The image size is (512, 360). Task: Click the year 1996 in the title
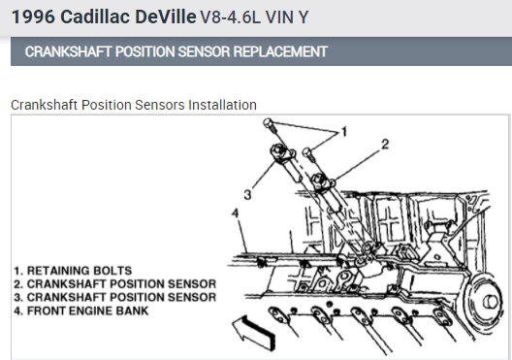pos(33,16)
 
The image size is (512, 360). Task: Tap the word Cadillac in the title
pos(95,16)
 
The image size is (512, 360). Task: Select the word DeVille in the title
pos(166,16)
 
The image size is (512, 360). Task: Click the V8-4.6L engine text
pos(230,17)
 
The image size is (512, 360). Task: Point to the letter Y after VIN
pos(303,17)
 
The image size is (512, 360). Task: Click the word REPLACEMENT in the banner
pos(280,51)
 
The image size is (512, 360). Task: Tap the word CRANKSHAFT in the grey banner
pos(68,51)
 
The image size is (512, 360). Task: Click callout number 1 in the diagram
pos(343,132)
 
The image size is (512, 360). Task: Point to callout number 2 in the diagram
pos(385,144)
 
